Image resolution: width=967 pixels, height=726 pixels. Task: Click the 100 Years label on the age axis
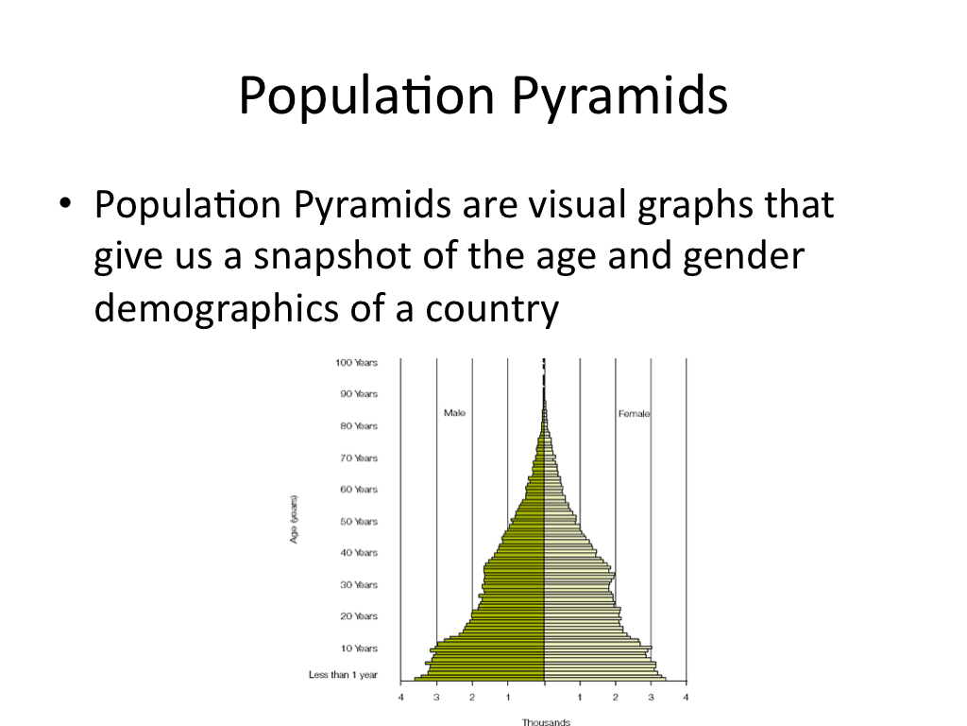(356, 362)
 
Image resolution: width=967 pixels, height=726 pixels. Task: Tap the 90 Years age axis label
(358, 394)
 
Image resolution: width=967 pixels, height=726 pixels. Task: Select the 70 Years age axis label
(358, 458)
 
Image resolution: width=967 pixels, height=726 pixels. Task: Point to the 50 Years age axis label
(358, 522)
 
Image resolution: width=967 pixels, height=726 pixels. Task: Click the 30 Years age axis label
(358, 585)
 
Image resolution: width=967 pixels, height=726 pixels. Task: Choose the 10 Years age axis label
(358, 648)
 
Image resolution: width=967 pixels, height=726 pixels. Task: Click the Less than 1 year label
(343, 675)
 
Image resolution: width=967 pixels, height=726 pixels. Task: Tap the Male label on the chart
(454, 413)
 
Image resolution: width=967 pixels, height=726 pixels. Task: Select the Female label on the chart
(634, 414)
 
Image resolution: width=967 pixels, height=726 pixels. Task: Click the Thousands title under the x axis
(546, 722)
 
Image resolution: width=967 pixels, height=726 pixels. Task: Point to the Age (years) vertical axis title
(295, 519)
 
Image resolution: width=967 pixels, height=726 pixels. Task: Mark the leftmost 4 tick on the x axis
(400, 698)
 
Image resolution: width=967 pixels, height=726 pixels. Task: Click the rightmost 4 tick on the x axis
(687, 698)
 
